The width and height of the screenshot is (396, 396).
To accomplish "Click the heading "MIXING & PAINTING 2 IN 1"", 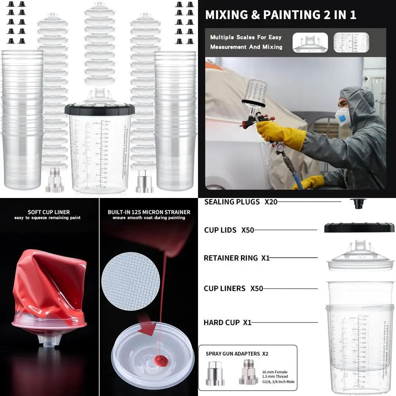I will click(281, 15).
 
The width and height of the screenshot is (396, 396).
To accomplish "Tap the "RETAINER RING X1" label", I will click(236, 258).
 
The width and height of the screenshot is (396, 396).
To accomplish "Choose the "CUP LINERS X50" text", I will click(233, 288).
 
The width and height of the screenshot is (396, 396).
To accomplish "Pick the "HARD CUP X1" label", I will click(227, 323).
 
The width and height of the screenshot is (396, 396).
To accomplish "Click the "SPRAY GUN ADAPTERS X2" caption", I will click(237, 353).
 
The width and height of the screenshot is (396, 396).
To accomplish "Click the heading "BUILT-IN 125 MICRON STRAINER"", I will click(149, 212).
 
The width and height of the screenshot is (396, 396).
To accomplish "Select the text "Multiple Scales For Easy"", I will click(246, 37).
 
